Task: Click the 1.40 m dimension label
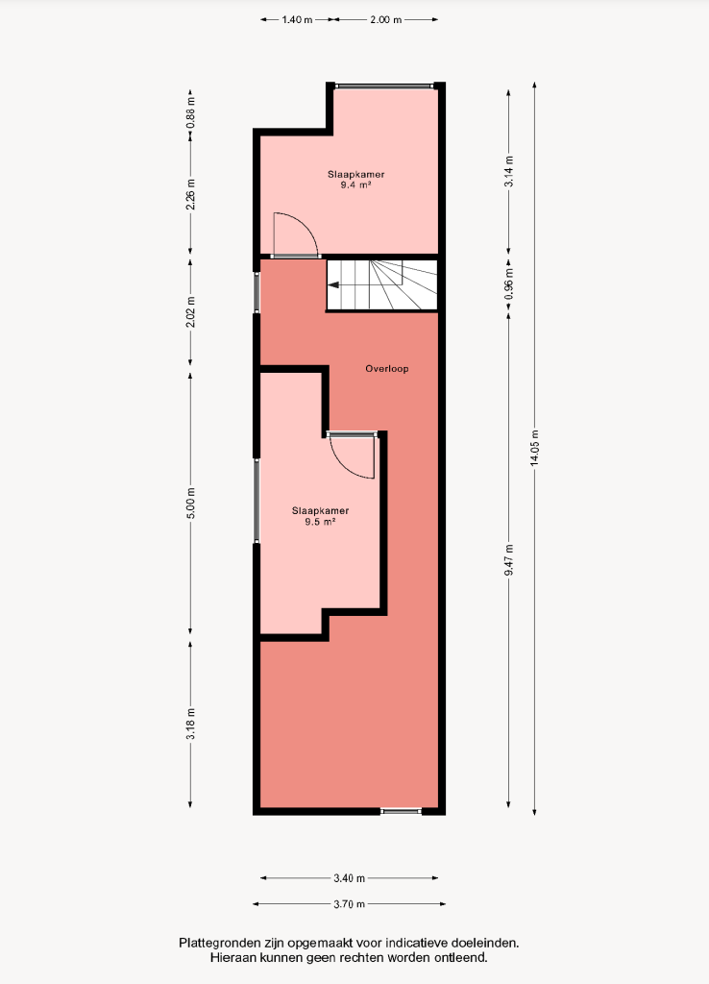(x=297, y=19)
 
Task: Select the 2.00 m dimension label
(x=385, y=19)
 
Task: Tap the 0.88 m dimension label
(x=191, y=113)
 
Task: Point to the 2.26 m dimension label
(x=191, y=194)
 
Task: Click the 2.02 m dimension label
(x=191, y=311)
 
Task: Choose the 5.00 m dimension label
(x=191, y=503)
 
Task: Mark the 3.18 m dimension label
(x=191, y=724)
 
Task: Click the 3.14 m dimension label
(x=509, y=171)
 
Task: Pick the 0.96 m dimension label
(x=509, y=284)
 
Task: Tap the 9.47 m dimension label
(x=509, y=560)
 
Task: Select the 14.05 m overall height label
(x=534, y=448)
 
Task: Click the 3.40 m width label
(x=350, y=878)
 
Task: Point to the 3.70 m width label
(x=350, y=904)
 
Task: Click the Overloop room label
(x=387, y=368)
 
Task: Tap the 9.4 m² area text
(x=355, y=185)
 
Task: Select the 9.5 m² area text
(x=320, y=522)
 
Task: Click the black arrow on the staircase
(x=333, y=284)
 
